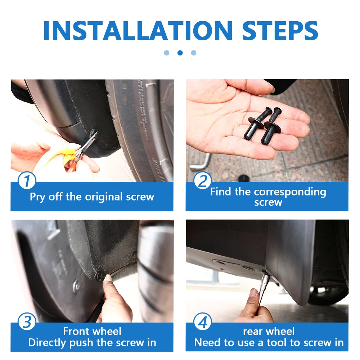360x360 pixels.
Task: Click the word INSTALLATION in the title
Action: [138, 31]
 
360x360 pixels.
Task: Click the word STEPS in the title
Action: [280, 31]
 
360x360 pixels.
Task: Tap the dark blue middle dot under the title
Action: [180, 53]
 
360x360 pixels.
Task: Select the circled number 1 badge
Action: [27, 180]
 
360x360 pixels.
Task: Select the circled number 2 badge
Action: [202, 180]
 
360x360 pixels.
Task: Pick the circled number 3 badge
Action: [27, 321]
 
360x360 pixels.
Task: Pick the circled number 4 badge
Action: [202, 321]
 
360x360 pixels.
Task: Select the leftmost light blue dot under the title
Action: [167, 53]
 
